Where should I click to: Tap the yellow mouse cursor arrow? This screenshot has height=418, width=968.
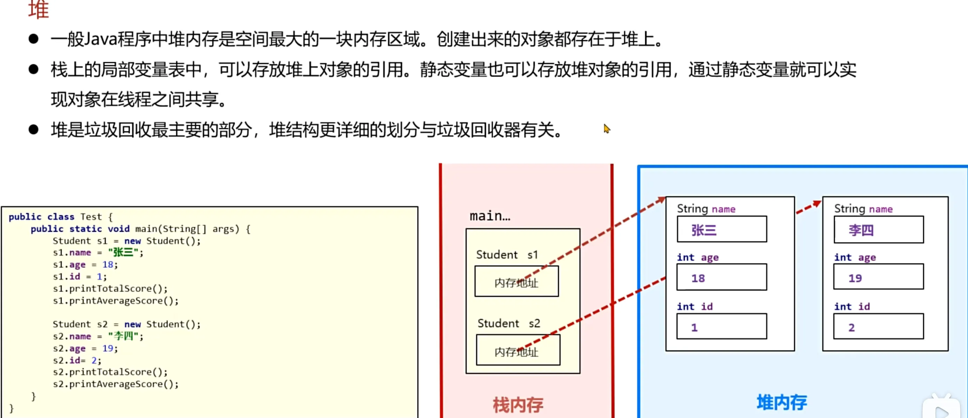(x=606, y=129)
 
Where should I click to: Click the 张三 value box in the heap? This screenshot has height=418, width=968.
(x=721, y=229)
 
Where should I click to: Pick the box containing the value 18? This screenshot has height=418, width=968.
(x=721, y=277)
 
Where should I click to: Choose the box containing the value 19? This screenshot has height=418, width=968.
(x=878, y=277)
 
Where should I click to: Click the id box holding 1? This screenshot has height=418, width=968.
(x=721, y=326)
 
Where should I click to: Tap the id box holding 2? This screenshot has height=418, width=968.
(x=878, y=326)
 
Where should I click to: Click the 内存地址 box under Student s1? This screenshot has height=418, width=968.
(x=516, y=281)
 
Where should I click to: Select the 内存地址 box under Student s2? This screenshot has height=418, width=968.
(x=518, y=350)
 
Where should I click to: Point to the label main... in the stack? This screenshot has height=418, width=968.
(x=490, y=216)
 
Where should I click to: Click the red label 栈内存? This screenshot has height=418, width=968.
(x=518, y=405)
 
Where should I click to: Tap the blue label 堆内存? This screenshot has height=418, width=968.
(x=782, y=402)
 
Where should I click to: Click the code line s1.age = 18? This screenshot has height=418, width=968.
(x=85, y=265)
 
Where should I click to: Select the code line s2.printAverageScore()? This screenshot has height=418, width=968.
(x=116, y=384)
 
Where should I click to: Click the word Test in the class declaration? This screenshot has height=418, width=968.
(x=91, y=217)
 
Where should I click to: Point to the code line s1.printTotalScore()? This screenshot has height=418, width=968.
(x=110, y=289)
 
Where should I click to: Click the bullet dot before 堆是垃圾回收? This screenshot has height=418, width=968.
(x=34, y=130)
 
